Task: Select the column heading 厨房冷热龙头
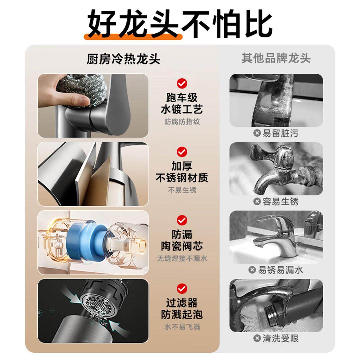click(123, 59)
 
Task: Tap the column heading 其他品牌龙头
click(276, 58)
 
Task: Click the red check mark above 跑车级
click(182, 83)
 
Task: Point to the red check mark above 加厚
click(182, 152)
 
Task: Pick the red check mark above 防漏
click(182, 220)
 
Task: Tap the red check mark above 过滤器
click(182, 289)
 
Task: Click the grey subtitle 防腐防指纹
click(182, 122)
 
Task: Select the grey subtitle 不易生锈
click(182, 190)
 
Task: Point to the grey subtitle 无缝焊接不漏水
click(182, 258)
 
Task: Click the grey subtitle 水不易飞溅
click(182, 327)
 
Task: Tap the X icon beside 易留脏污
click(257, 133)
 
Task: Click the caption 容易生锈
click(280, 201)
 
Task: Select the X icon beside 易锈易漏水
click(252, 270)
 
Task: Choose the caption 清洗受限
click(280, 338)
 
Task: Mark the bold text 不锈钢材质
click(182, 178)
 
